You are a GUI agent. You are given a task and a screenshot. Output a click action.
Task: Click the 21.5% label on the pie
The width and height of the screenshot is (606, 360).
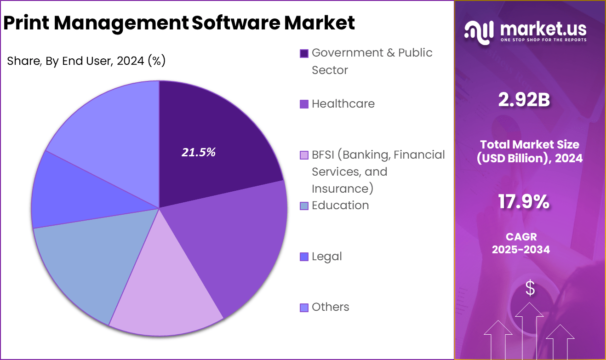coord(199,153)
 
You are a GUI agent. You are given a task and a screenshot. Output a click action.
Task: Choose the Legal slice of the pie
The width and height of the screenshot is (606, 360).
coord(69,193)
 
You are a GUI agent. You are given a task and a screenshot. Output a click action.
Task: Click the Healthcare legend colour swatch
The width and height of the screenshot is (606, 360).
coord(304,104)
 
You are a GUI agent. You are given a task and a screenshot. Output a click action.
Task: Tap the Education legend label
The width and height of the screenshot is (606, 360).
coord(340,206)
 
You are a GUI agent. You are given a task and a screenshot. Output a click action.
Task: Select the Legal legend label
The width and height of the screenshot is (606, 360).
coord(326,257)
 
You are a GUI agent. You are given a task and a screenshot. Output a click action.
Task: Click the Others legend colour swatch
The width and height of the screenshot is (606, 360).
coord(304,308)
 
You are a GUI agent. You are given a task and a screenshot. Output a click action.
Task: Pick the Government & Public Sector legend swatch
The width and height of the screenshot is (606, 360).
coord(304,53)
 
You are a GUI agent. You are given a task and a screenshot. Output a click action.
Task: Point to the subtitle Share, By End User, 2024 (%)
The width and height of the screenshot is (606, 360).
coord(86,61)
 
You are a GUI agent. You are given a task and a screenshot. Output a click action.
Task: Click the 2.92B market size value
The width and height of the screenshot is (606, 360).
coord(524,100)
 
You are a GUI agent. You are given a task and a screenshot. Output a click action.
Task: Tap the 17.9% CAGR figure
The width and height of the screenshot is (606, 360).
coord(524,202)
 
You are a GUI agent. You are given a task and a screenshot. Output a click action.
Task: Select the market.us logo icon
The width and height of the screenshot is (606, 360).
coord(479,32)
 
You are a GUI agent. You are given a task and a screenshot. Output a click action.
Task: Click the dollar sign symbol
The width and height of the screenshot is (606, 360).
coord(530,288)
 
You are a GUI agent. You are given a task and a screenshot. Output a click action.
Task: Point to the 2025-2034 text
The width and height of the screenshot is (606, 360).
coord(521,250)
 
